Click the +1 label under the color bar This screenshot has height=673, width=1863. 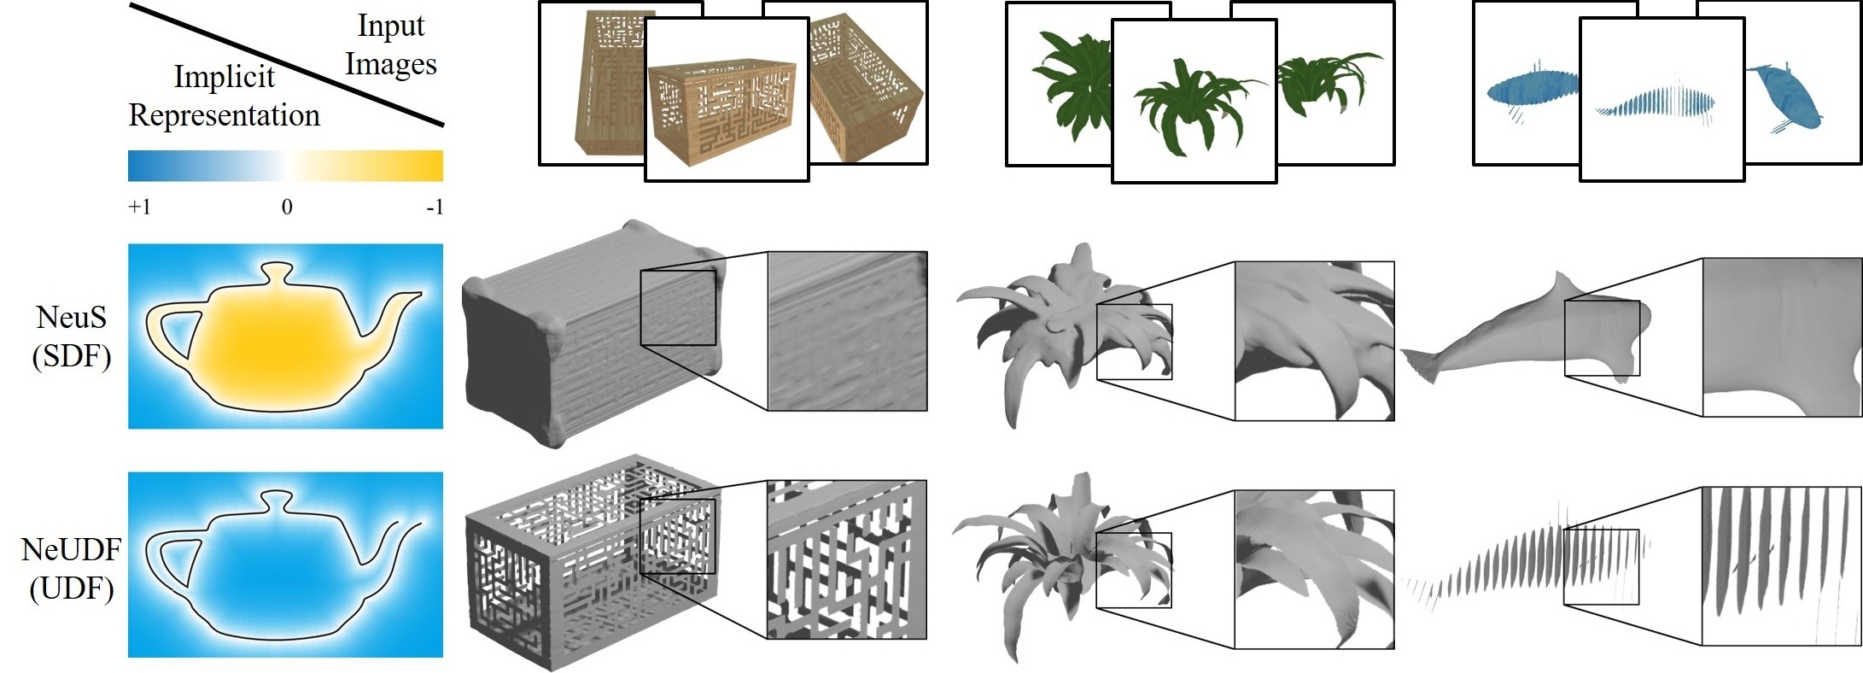(x=139, y=208)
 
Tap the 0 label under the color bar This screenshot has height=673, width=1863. (x=287, y=207)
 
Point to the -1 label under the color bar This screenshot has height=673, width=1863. (x=435, y=208)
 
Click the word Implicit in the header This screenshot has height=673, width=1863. (x=225, y=77)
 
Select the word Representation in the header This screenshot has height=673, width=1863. (x=225, y=115)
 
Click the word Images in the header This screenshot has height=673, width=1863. (x=391, y=65)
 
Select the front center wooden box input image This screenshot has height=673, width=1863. (x=727, y=99)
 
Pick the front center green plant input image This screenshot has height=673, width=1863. (x=1194, y=101)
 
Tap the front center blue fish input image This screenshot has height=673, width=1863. (x=1662, y=99)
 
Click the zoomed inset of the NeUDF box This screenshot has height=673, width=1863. (x=846, y=559)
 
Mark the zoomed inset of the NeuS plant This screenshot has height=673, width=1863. (x=1315, y=341)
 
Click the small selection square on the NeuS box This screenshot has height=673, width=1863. (x=678, y=307)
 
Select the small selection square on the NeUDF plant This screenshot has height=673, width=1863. (x=1134, y=571)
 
